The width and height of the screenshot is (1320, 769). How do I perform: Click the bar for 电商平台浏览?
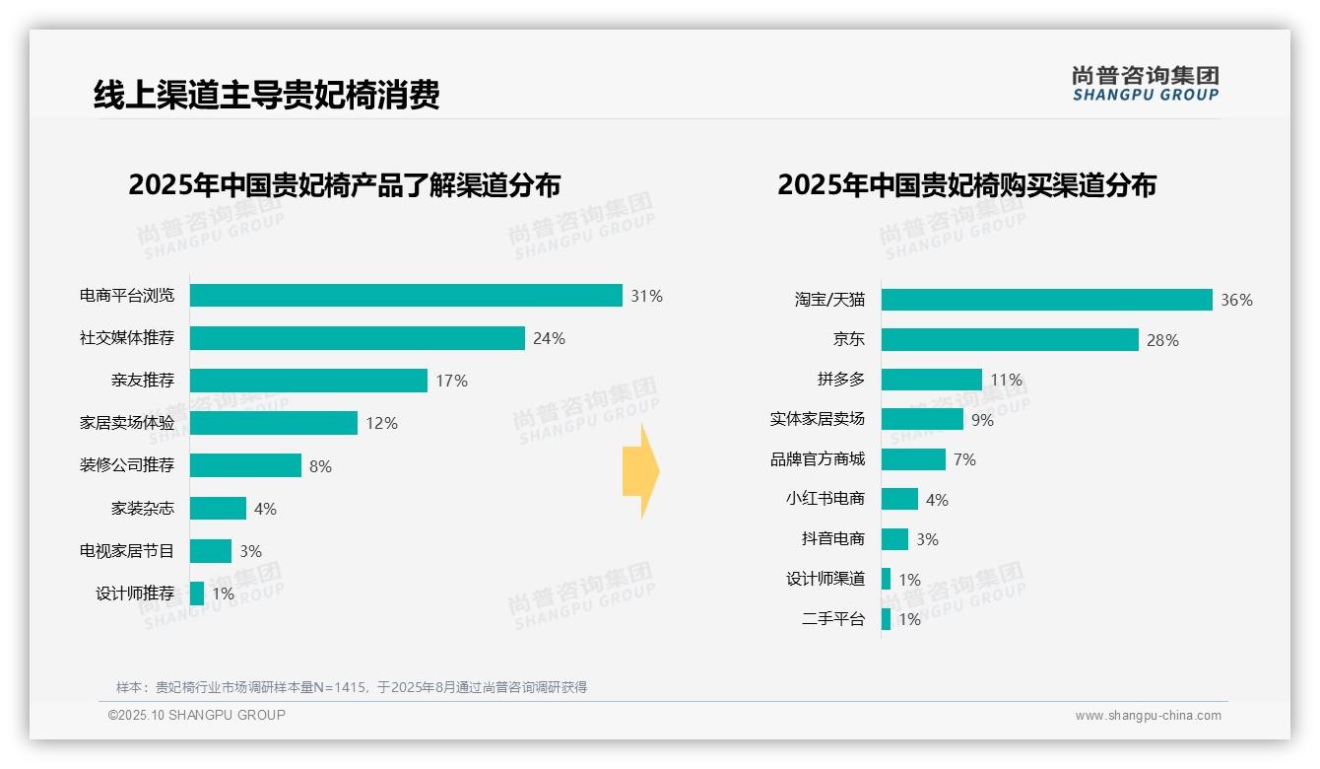click(406, 296)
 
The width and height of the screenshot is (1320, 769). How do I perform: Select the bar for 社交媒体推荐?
click(357, 338)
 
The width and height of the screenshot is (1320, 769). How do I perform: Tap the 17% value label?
click(451, 381)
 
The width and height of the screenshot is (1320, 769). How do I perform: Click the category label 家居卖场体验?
click(127, 423)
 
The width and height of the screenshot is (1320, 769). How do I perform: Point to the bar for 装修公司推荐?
click(245, 465)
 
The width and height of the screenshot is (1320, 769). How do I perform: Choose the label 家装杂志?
click(143, 509)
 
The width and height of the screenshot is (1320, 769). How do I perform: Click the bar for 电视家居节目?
click(211, 551)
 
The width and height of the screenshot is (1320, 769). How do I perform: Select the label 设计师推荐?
click(135, 594)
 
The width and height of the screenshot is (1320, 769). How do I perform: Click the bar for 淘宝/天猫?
click(1046, 300)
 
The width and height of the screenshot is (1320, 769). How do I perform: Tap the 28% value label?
click(1162, 340)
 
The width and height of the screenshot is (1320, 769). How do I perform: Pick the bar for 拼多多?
click(931, 380)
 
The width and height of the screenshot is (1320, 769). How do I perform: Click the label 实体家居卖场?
click(818, 419)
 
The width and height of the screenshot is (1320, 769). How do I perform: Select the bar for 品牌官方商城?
click(913, 459)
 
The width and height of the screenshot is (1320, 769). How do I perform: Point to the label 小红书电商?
click(825, 499)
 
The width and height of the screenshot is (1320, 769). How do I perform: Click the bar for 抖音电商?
click(894, 539)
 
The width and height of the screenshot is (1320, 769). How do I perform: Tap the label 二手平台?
click(833, 619)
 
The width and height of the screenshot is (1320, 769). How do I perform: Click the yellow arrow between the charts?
click(641, 472)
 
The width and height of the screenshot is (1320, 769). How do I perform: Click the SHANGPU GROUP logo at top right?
click(1145, 84)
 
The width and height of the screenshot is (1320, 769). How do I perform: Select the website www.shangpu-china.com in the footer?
click(1148, 716)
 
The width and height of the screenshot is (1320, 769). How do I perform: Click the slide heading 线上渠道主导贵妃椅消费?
click(266, 95)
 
